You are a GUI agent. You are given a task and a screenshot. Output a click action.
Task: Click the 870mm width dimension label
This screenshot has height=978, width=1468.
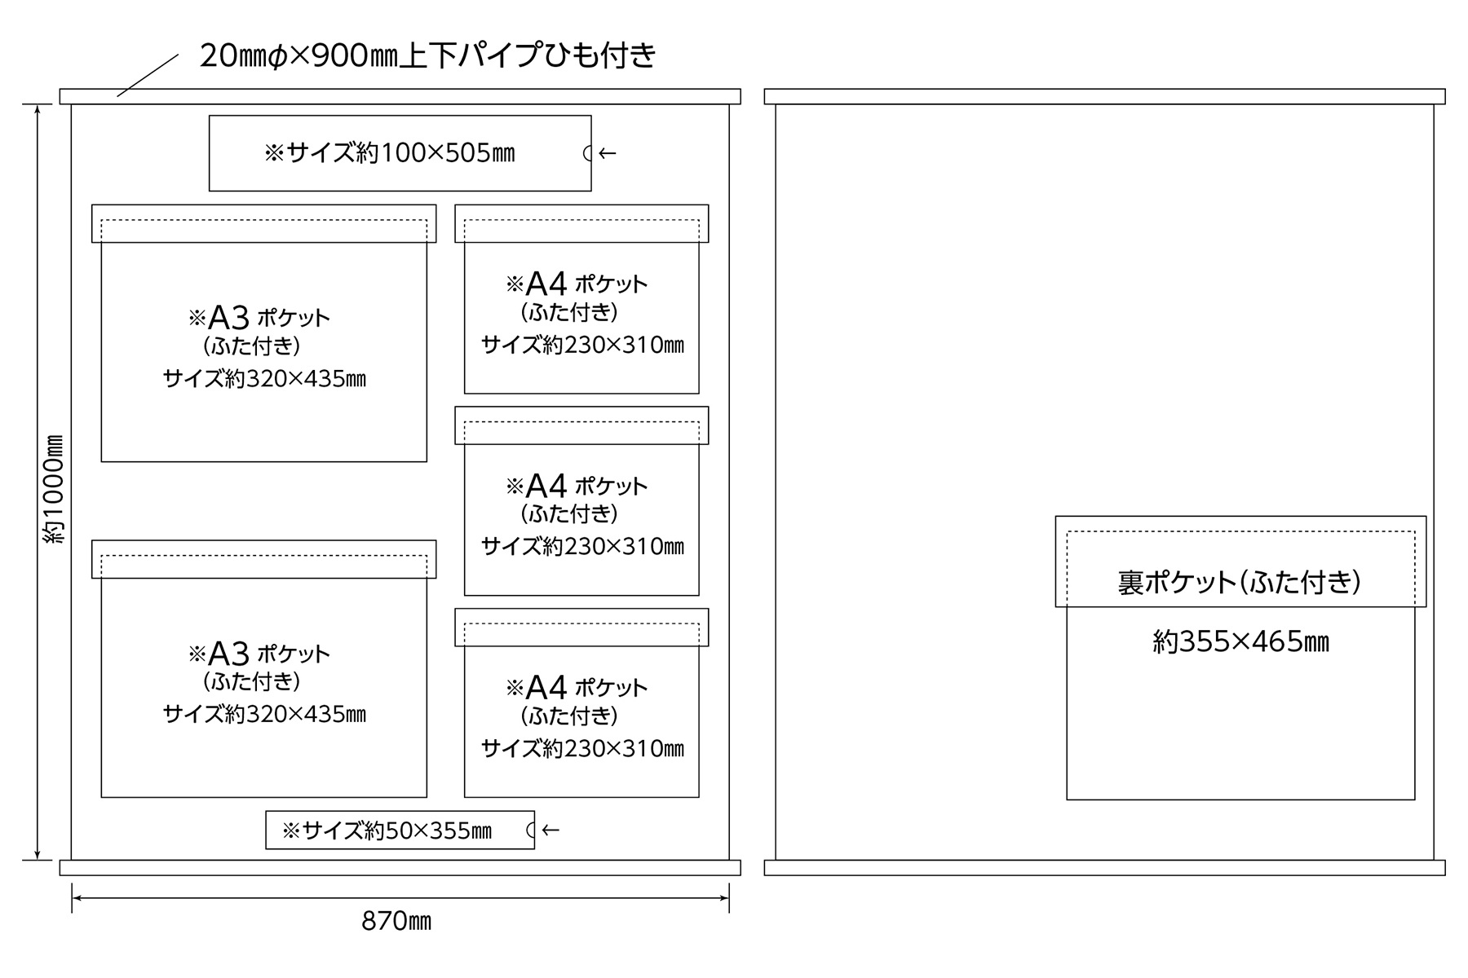click(396, 922)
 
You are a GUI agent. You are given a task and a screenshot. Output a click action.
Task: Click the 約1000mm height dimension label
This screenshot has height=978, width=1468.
click(54, 489)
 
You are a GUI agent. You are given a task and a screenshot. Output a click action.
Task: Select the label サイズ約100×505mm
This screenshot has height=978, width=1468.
click(390, 153)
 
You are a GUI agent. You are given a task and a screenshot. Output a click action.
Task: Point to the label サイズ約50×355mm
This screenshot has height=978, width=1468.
click(387, 830)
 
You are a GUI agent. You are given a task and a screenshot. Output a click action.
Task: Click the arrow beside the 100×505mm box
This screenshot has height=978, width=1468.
click(607, 153)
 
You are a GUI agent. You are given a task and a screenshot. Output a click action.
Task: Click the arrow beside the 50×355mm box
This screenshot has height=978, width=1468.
click(550, 830)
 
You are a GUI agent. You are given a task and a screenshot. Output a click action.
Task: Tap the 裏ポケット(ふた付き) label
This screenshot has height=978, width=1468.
click(1239, 582)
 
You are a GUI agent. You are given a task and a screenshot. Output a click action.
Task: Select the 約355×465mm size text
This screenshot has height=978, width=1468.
click(1240, 642)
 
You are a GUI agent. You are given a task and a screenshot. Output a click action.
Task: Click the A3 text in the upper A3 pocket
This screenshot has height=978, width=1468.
click(228, 317)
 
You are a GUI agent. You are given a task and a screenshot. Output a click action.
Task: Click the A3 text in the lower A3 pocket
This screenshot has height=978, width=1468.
click(228, 653)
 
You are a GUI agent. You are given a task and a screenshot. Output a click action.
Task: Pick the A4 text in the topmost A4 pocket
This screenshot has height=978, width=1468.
click(546, 284)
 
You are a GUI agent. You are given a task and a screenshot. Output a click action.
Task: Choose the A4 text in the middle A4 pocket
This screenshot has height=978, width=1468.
click(546, 487)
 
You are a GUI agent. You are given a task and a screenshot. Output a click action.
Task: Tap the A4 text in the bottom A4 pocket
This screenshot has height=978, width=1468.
click(546, 688)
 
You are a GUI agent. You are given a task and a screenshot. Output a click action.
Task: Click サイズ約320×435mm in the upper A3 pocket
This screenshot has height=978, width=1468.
click(264, 379)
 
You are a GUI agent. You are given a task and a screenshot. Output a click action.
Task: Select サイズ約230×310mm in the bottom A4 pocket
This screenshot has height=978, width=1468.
click(582, 748)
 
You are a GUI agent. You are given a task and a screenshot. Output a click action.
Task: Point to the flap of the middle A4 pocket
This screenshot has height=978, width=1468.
click(581, 425)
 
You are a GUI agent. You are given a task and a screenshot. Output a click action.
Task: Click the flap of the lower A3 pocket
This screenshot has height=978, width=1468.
click(263, 559)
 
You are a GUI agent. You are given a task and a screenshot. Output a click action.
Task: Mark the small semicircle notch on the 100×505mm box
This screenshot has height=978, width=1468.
click(587, 153)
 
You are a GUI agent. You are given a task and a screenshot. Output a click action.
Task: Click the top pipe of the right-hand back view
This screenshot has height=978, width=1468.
click(1104, 96)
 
